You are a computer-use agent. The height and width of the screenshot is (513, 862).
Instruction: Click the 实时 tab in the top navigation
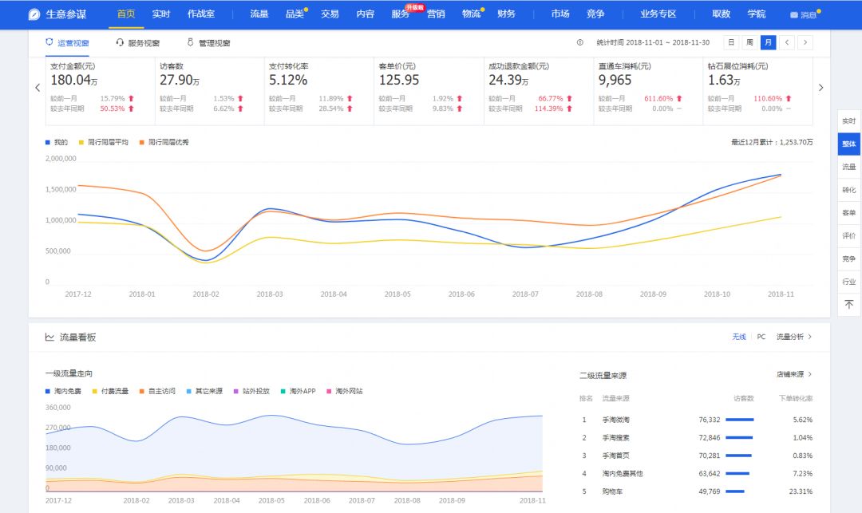161,14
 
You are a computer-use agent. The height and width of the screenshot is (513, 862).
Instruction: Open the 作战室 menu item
201,14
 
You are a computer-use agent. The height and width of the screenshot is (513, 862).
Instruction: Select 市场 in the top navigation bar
560,14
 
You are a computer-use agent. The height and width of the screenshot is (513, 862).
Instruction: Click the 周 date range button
749,42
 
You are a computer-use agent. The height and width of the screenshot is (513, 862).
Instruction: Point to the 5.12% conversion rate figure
288,81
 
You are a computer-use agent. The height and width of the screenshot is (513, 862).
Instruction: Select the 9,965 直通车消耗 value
615,81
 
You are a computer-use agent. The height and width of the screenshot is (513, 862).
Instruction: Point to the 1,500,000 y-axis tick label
60,189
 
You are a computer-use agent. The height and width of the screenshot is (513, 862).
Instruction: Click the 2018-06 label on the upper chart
461,294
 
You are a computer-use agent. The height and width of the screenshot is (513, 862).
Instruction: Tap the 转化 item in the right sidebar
848,190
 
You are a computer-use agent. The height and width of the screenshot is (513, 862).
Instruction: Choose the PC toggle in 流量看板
761,337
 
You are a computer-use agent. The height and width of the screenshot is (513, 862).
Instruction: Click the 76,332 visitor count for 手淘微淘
709,420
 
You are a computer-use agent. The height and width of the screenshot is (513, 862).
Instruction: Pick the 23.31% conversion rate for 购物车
801,491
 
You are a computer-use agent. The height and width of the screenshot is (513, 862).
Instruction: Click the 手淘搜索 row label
616,438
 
